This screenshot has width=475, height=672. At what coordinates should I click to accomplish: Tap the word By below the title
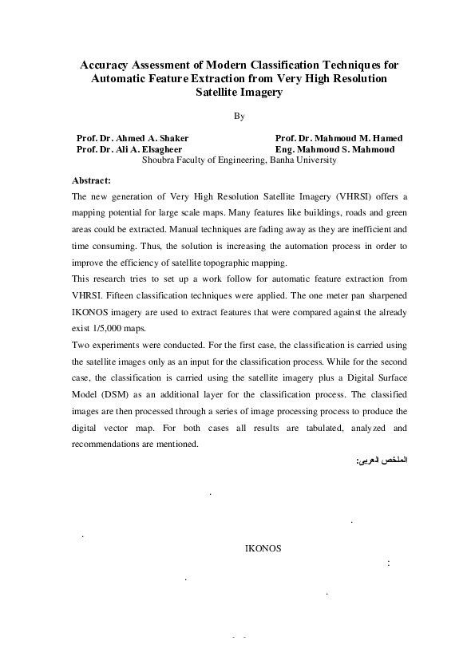(x=239, y=117)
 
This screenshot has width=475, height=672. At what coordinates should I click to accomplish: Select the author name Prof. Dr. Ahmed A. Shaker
(x=132, y=138)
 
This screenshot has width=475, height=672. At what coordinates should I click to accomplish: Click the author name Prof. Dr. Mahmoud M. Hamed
(x=338, y=138)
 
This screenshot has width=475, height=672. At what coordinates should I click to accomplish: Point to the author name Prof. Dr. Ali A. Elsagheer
(x=129, y=149)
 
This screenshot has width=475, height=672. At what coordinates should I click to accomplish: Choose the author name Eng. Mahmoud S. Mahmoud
(x=334, y=149)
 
